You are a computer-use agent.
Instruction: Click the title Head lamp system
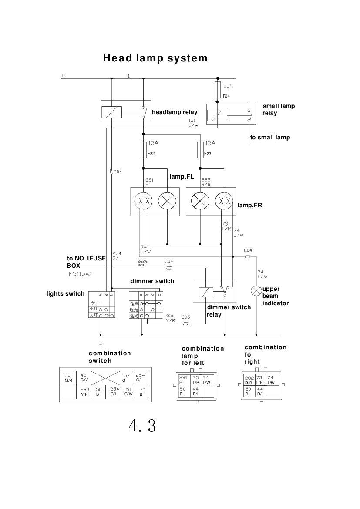coord(155,58)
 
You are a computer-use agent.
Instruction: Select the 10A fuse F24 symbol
coord(218,91)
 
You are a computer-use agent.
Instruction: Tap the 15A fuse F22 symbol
coord(143,149)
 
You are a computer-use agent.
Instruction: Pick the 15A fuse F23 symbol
coord(200,149)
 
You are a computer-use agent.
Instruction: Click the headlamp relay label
coord(174,112)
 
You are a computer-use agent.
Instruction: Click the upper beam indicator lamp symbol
coord(256,290)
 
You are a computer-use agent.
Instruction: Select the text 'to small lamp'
coord(270,138)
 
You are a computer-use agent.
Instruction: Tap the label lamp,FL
coord(182,176)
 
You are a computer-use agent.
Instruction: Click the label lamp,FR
coord(249,205)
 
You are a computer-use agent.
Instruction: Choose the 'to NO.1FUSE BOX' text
coord(86,262)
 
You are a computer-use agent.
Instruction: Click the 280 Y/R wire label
coord(170,318)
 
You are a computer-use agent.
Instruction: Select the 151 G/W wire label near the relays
coord(193,123)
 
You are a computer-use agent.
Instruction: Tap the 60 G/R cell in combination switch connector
coord(69,378)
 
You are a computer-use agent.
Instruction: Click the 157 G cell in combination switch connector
coord(126,378)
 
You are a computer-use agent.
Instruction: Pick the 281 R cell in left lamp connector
coord(183,380)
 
